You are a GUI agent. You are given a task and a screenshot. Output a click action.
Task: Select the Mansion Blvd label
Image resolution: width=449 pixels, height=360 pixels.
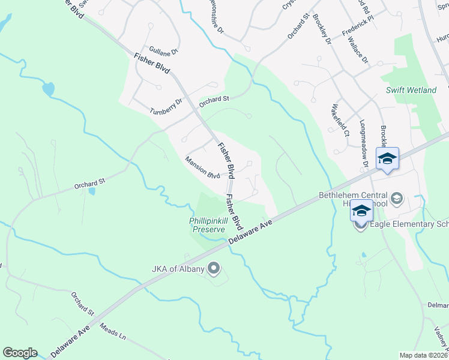click(202, 167)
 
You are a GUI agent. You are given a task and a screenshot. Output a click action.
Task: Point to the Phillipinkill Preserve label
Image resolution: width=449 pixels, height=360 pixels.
click(208, 225)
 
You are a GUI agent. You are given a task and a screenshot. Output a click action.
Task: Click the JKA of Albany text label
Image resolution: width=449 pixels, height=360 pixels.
click(178, 268)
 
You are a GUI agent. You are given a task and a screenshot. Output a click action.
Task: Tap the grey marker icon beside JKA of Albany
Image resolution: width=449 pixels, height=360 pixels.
click(213, 268)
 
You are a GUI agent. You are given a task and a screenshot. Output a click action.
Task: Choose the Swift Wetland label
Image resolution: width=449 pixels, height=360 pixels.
click(411, 90)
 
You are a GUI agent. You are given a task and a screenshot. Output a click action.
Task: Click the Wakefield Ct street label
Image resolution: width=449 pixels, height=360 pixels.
click(340, 121)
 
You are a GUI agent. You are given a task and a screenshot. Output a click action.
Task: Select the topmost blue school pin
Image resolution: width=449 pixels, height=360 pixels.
click(387, 159)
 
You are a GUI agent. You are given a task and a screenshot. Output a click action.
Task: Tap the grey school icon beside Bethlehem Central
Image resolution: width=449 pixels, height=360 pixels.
click(396, 198)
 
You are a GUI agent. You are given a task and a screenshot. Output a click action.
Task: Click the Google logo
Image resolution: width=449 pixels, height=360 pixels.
click(20, 353)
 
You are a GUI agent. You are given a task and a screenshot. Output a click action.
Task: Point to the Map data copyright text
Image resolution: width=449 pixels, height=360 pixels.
click(423, 355)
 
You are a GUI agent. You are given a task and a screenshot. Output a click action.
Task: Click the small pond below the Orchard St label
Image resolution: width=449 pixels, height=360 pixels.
click(91, 191)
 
